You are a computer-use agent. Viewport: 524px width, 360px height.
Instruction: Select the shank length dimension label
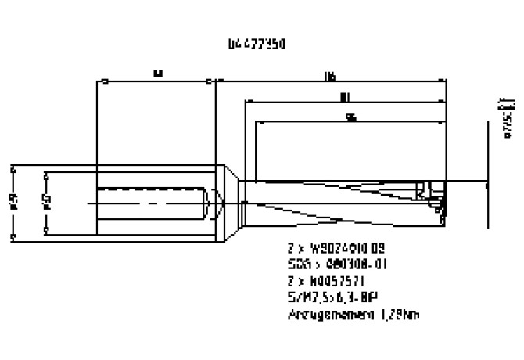tap(157, 74)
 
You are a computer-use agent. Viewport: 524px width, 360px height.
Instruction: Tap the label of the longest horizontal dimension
tap(330, 75)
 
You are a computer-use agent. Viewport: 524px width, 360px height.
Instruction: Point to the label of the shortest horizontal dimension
tap(351, 117)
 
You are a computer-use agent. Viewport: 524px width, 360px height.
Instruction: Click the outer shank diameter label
tap(13, 202)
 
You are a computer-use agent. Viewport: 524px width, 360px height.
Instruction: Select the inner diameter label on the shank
tap(46, 202)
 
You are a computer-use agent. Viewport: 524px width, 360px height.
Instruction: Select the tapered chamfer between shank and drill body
tap(233, 202)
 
